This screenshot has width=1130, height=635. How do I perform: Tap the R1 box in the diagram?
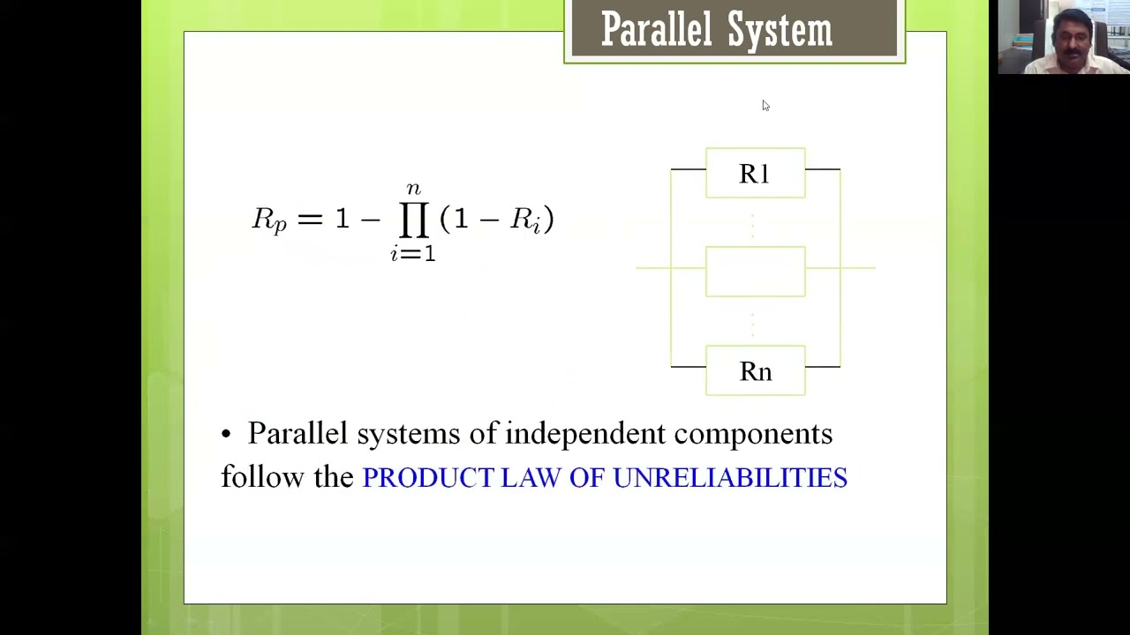click(x=755, y=174)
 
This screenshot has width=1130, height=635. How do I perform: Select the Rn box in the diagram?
click(x=755, y=371)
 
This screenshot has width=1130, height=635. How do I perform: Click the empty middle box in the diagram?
click(x=755, y=272)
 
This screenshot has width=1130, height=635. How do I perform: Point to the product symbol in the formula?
click(x=413, y=220)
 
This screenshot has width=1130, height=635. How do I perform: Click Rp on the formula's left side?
click(x=269, y=220)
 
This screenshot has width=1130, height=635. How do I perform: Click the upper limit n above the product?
click(x=413, y=189)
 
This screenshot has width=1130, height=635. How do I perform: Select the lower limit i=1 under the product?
click(x=413, y=254)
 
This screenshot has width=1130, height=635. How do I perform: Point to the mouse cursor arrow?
click(x=765, y=105)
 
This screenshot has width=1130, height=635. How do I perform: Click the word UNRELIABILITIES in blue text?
click(x=730, y=478)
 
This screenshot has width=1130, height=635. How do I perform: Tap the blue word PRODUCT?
click(x=428, y=478)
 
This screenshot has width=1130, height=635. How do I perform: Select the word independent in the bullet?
click(x=585, y=434)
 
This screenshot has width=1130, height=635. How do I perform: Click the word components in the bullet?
click(x=753, y=434)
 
